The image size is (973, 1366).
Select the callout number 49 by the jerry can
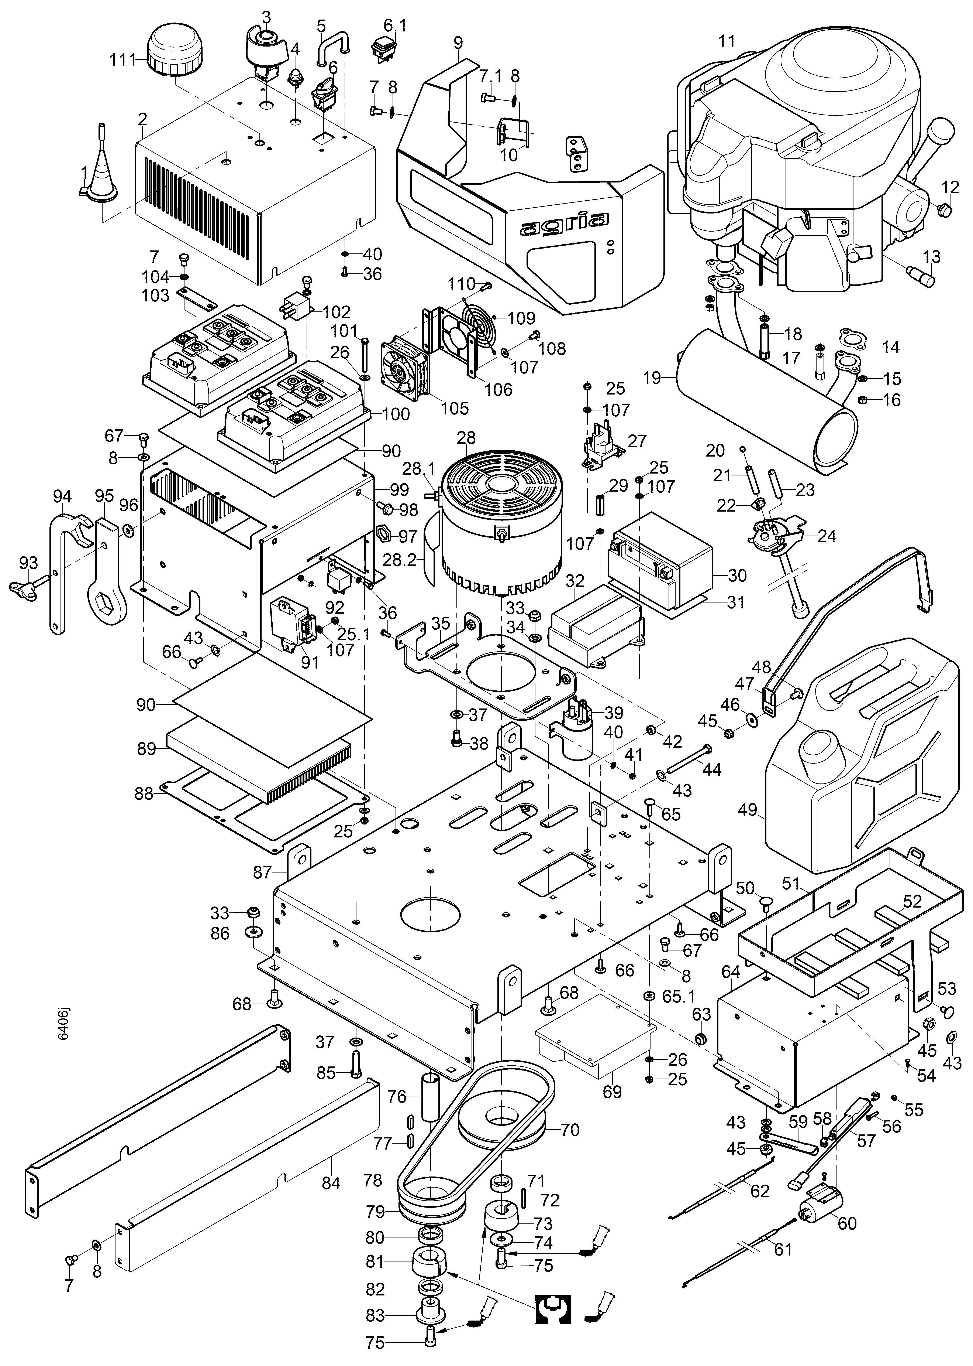tap(747, 809)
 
